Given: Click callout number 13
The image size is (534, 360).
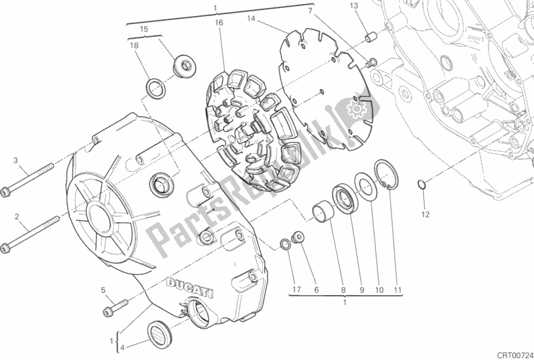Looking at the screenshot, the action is pyautogui.click(x=354, y=6).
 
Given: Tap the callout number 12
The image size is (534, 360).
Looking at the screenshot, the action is pyautogui.click(x=426, y=214).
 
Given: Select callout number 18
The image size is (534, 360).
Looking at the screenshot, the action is pyautogui.click(x=135, y=46).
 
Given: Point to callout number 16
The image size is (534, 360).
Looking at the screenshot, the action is pyautogui.click(x=219, y=23).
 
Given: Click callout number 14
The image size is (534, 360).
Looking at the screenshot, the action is pyautogui.click(x=251, y=18).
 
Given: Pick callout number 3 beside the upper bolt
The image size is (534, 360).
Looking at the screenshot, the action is pyautogui.click(x=15, y=160).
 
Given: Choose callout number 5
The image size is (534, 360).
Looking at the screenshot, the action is pyautogui.click(x=103, y=290).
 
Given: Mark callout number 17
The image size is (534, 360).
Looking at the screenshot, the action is pyautogui.click(x=296, y=290).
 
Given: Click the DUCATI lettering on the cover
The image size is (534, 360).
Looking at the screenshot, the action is pyautogui.click(x=189, y=288).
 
